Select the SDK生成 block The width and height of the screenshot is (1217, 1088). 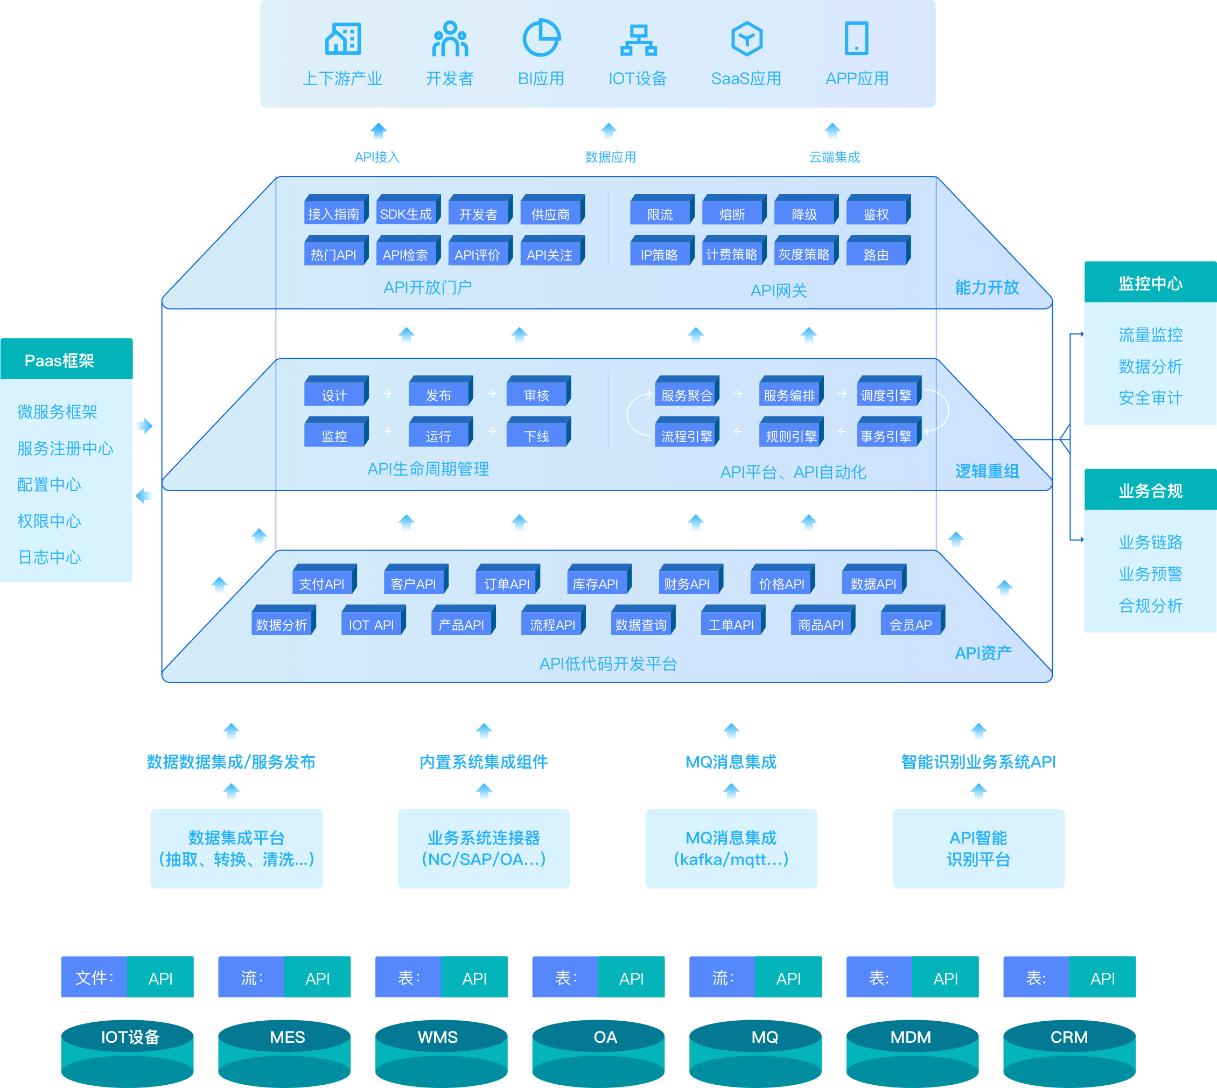[407, 214]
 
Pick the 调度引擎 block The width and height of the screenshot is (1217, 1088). [886, 395]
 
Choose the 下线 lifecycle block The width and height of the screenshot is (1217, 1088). [537, 436]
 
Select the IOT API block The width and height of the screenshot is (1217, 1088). [372, 625]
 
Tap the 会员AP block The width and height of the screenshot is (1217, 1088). [911, 625]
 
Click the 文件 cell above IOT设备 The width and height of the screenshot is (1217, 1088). [94, 978]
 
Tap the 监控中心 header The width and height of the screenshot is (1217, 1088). [1150, 283]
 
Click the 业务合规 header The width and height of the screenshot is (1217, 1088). [1150, 490]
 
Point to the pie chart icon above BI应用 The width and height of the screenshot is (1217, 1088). [541, 38]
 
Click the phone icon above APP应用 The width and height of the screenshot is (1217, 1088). [856, 38]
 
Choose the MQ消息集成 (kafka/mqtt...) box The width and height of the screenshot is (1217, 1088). [731, 848]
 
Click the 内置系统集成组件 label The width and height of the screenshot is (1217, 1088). [484, 762]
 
